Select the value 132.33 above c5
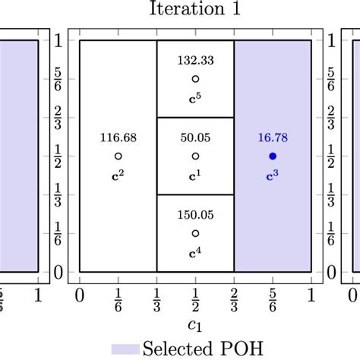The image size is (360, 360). pos(195,59)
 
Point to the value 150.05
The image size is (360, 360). pos(195,215)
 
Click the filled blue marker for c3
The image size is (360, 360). pos(273,156)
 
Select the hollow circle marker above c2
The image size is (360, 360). pos(118,156)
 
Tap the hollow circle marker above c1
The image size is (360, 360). pos(195,156)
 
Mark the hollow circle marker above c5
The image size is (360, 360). pos(195,78)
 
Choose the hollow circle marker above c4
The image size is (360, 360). pos(195,233)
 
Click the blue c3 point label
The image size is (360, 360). pos(273,175)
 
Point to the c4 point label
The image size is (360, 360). pos(195,253)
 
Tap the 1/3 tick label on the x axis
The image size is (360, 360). pos(156,298)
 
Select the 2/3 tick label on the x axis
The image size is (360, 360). pos(234,298)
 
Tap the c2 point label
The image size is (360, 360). pos(118,175)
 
